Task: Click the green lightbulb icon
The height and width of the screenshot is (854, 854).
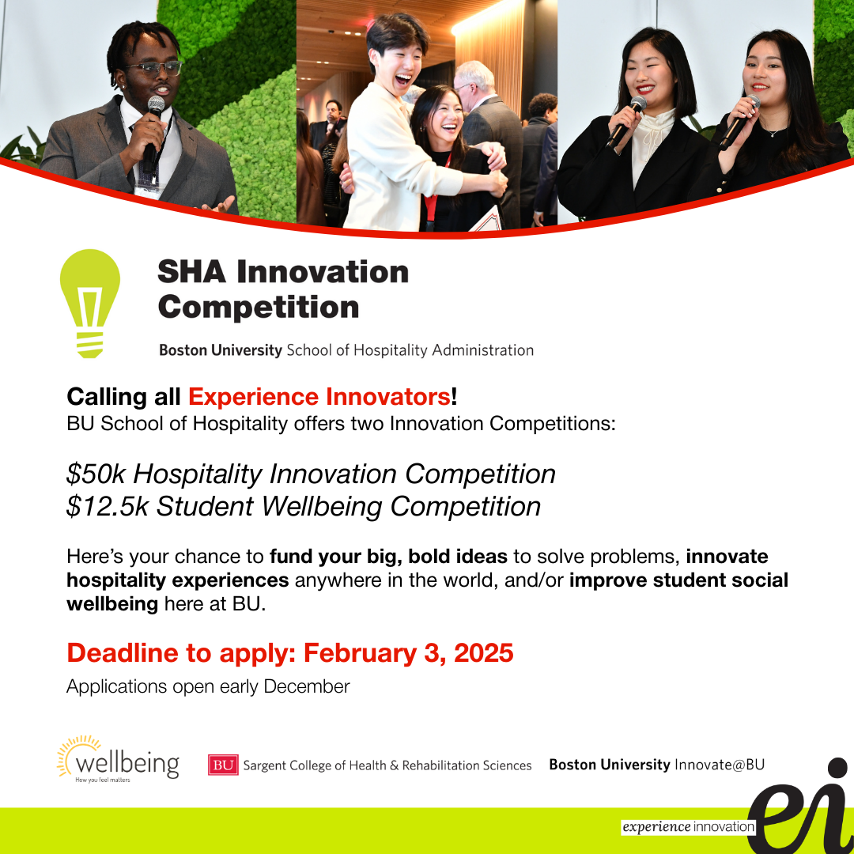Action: pyautogui.click(x=90, y=304)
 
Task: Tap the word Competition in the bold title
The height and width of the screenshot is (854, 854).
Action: pyautogui.click(x=259, y=308)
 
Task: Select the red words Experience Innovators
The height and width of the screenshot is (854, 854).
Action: pyautogui.click(x=319, y=396)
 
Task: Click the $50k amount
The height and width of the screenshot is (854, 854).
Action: pyautogui.click(x=96, y=474)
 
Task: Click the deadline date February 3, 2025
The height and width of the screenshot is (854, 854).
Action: pyautogui.click(x=409, y=653)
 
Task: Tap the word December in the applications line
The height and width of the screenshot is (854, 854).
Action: pyautogui.click(x=307, y=686)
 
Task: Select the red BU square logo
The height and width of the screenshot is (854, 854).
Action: pyautogui.click(x=223, y=765)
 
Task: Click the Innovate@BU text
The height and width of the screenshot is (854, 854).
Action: pyautogui.click(x=720, y=765)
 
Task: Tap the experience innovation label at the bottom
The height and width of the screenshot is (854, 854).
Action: pyautogui.click(x=688, y=827)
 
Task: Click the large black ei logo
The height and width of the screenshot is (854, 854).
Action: pyautogui.click(x=800, y=806)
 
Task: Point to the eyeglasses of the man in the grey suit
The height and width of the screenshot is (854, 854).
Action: pyautogui.click(x=154, y=69)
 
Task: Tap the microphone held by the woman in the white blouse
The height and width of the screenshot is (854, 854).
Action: pyautogui.click(x=626, y=122)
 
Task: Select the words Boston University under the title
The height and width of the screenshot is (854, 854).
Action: pyautogui.click(x=221, y=350)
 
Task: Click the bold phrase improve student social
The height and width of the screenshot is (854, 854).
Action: pyautogui.click(x=678, y=580)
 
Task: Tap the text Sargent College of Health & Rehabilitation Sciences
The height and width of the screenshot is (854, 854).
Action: pyautogui.click(x=387, y=765)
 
